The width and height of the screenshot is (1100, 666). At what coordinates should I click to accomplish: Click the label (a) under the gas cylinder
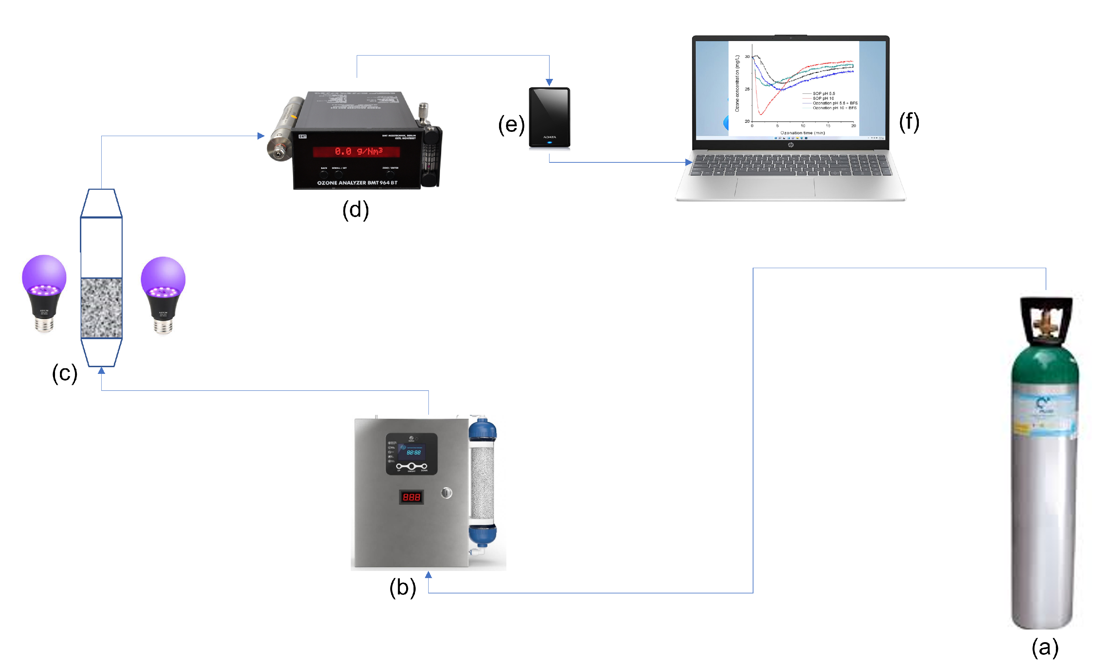click(x=1045, y=648)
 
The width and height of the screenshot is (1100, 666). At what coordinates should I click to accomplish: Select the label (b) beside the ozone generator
click(x=403, y=587)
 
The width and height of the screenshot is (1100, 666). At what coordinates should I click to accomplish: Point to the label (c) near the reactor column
click(x=65, y=373)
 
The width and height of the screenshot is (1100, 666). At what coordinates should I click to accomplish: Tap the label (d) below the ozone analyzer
click(x=355, y=209)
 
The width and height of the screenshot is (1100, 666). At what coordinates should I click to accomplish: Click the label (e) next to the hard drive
click(x=511, y=124)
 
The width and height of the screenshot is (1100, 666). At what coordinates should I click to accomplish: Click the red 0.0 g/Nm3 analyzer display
click(x=357, y=152)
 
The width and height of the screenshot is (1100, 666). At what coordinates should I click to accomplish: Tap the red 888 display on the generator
click(x=411, y=497)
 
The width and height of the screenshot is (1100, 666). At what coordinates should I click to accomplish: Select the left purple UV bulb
click(x=44, y=292)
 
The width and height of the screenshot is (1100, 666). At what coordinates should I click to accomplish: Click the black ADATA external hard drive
click(x=549, y=117)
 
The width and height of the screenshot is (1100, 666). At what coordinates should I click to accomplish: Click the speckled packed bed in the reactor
click(x=101, y=308)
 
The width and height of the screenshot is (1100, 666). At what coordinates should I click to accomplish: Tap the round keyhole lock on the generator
click(x=446, y=493)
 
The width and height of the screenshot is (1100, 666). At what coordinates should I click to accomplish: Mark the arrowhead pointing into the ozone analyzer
click(x=261, y=136)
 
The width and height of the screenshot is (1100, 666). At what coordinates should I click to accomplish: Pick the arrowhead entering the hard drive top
click(x=549, y=82)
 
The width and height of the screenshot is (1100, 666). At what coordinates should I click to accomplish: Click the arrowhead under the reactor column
click(x=101, y=371)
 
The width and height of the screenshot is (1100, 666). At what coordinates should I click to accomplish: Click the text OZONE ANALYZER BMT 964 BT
click(x=357, y=183)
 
